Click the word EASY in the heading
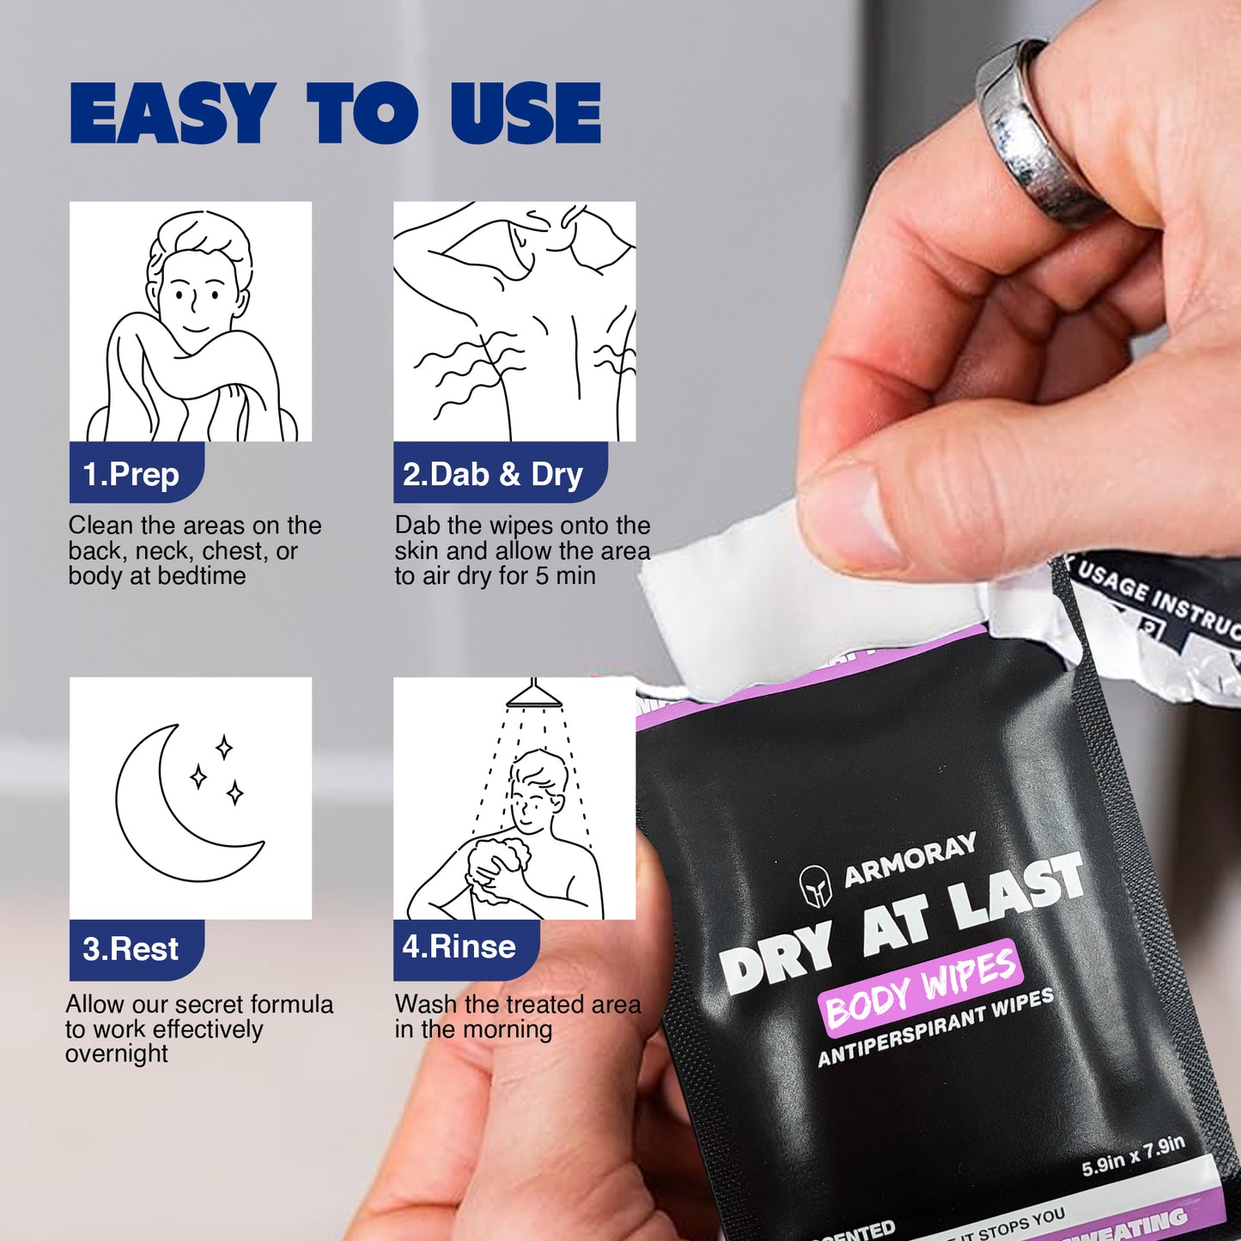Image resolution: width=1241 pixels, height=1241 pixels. tap(172, 113)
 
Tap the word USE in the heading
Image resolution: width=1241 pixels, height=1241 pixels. tap(526, 113)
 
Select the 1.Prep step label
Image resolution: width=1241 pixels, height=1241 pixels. tap(131, 474)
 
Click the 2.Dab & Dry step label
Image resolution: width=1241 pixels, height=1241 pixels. tap(493, 474)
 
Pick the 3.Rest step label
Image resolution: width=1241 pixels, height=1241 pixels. tap(131, 949)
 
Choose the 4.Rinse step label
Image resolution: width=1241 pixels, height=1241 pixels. tap(459, 946)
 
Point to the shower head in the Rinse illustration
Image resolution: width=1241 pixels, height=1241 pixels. tap(533, 696)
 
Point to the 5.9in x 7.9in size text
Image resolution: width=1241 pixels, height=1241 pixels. tap(1133, 1155)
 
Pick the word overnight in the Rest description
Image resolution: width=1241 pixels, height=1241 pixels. tap(117, 1054)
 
